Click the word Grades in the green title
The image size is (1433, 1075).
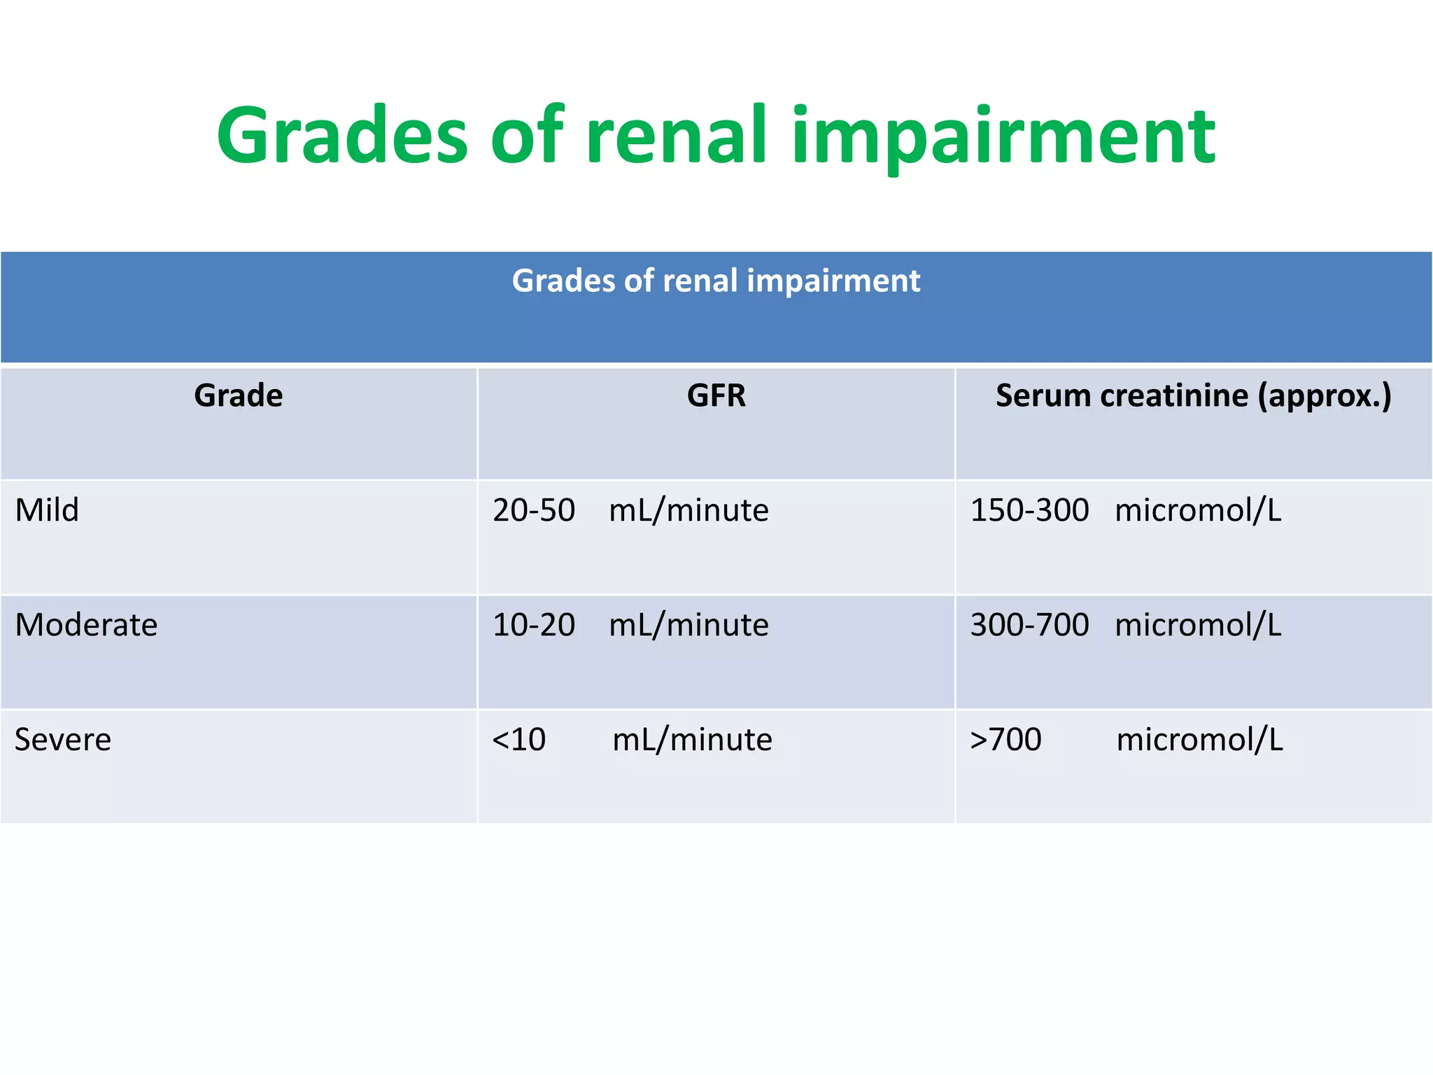(x=341, y=136)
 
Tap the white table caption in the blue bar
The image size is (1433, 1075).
(x=716, y=281)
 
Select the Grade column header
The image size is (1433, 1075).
(x=239, y=395)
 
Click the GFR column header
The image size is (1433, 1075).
(x=716, y=395)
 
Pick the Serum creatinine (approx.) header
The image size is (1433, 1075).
(x=1193, y=395)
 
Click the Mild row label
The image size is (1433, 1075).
(x=47, y=510)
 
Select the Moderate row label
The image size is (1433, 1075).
(x=86, y=624)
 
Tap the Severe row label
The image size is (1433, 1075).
(x=63, y=739)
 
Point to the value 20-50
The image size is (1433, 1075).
(x=534, y=510)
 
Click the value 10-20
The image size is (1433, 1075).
(x=534, y=624)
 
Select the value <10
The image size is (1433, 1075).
(x=518, y=739)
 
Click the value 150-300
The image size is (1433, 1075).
(x=1029, y=510)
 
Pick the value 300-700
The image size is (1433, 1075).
(x=1029, y=624)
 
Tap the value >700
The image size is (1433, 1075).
(x=1005, y=739)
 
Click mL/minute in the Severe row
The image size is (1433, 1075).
(x=692, y=740)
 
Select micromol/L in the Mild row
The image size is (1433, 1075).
(x=1198, y=510)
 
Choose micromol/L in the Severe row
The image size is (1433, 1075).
(x=1199, y=740)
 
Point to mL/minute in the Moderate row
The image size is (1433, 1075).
(x=689, y=625)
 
